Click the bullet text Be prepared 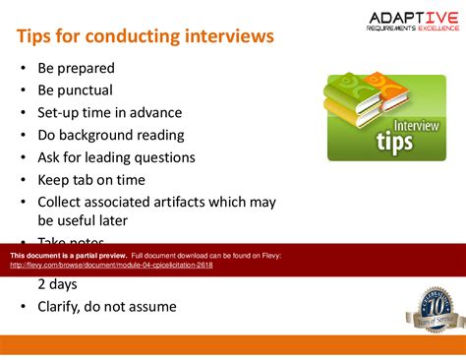coord(76,69)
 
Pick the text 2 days coord(58,284)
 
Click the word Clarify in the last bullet coord(64,307)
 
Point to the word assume coord(151,307)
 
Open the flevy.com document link coord(111,266)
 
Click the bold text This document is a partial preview coord(68,256)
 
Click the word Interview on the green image coord(417,126)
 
